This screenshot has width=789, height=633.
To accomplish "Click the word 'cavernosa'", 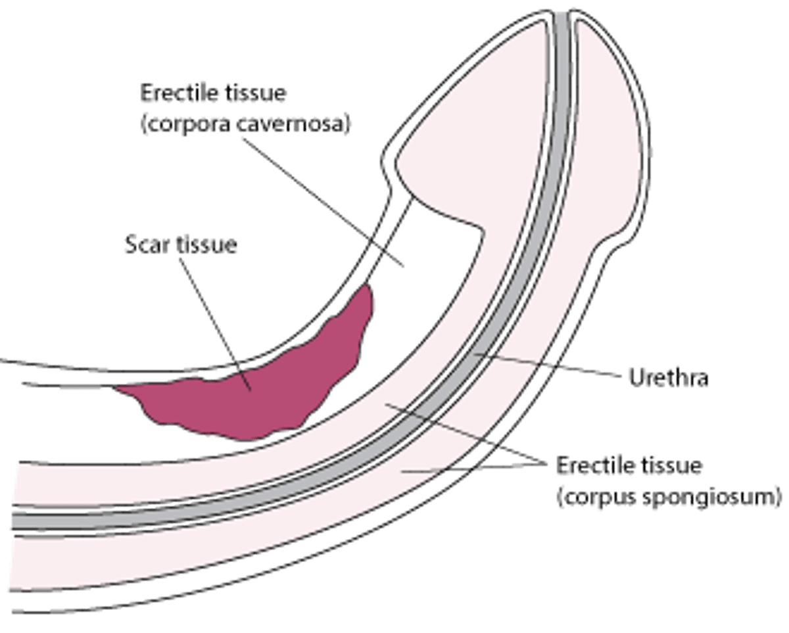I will pos(289,124).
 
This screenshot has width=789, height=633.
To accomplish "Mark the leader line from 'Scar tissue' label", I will pos(217,316).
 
